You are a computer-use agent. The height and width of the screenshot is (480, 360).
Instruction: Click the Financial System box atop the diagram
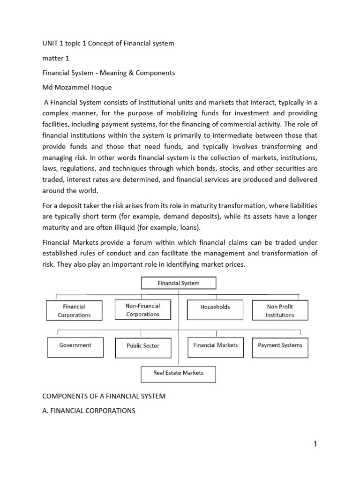[x=178, y=283]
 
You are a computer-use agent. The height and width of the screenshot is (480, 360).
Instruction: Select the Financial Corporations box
[x=74, y=310]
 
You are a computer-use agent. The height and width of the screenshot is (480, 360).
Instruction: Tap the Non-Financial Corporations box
[x=142, y=310]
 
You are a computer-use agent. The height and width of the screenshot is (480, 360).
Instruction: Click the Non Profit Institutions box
[x=280, y=310]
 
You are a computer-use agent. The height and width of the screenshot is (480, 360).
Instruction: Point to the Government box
[x=75, y=345]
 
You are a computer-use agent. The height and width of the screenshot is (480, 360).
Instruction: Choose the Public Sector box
[x=143, y=345]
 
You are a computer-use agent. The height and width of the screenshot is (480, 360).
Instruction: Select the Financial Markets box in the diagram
[x=215, y=345]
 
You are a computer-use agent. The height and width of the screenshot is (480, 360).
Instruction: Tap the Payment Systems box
[x=280, y=345]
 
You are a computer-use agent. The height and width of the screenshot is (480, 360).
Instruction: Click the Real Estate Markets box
[x=178, y=373]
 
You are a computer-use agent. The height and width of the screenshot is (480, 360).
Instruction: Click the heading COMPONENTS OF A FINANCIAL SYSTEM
[x=104, y=396]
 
